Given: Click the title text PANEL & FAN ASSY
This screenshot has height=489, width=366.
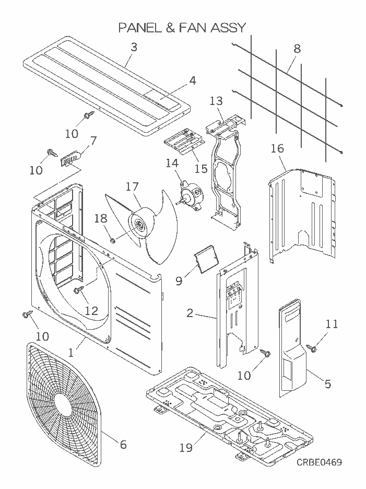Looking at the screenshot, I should coord(182,27).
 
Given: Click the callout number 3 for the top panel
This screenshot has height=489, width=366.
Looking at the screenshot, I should coord(134,46).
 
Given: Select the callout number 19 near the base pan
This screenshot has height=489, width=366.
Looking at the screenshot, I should coord(186,448).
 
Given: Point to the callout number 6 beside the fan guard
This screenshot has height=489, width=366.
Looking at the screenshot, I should coord(123,445).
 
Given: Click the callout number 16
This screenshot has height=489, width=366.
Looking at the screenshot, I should coord(277,149).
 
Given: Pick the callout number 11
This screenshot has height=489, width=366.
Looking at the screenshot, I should coord(332,324).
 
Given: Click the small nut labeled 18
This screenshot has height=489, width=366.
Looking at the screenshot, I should coord(112,241).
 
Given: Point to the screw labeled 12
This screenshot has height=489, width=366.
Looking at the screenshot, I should coord(78,289).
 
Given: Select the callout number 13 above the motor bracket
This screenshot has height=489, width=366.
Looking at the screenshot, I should coord(216,101).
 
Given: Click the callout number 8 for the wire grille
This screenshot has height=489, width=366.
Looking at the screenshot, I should coord(297,49).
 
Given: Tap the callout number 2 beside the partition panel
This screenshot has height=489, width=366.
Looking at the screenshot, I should coord(190,313).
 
